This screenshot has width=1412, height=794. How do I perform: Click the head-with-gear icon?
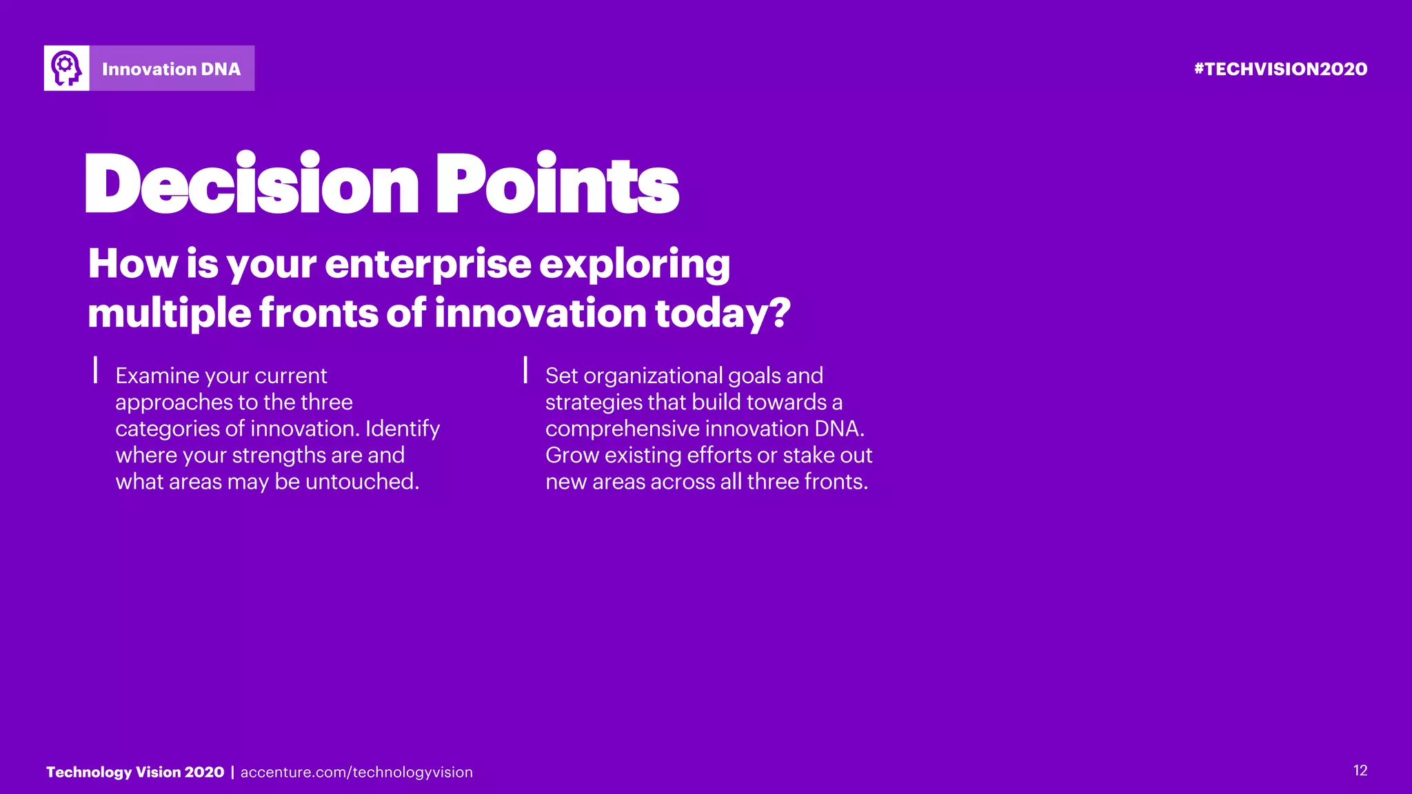66,68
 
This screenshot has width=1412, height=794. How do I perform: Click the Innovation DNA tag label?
171,69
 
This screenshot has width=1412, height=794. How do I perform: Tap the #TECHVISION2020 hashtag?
1280,69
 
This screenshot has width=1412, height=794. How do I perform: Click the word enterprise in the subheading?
428,265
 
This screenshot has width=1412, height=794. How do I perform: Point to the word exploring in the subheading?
634,265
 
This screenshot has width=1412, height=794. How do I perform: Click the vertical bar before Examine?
96,369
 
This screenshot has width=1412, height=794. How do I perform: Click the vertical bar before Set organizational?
525,369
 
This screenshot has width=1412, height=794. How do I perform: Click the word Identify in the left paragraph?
402,429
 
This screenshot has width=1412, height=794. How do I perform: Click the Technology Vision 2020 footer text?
135,772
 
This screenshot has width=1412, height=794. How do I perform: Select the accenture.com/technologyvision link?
356,773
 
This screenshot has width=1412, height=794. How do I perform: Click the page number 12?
1360,771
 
